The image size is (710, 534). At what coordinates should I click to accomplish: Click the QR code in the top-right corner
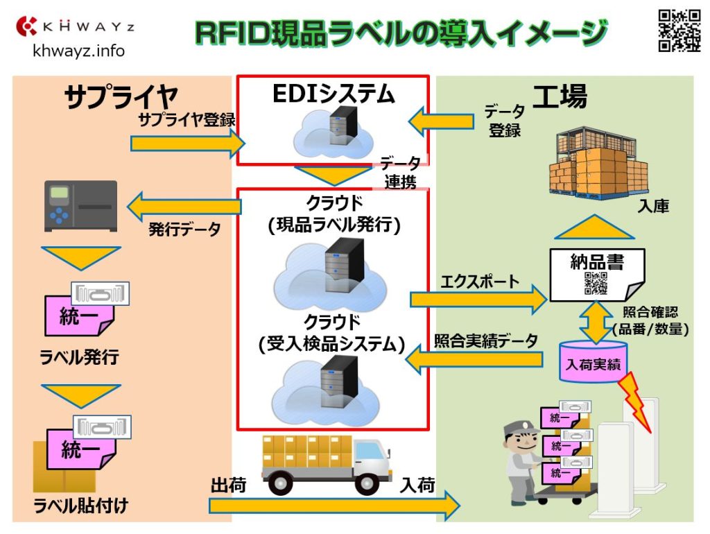(x=679, y=31)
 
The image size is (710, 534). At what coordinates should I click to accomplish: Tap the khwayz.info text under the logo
(x=79, y=51)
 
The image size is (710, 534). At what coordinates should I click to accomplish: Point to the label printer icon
(x=80, y=206)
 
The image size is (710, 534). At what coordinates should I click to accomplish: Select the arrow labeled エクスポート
(x=478, y=299)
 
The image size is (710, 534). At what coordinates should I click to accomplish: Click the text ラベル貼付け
(x=81, y=506)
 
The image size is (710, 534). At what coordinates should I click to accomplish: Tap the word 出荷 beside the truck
(x=228, y=485)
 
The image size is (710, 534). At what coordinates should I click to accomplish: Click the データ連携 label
(x=401, y=173)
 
